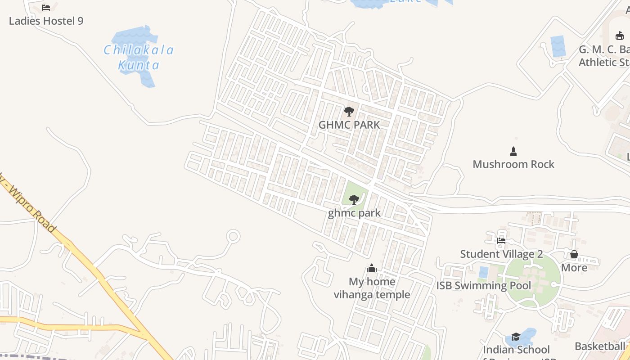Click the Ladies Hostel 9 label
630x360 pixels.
(x=46, y=21)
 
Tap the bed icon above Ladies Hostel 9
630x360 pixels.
(x=46, y=7)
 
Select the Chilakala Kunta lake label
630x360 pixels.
(x=139, y=57)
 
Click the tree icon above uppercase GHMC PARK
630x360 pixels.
(x=349, y=111)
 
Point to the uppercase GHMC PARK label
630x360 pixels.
(x=349, y=125)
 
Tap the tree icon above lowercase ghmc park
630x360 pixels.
(x=354, y=199)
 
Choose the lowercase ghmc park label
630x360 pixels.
(x=354, y=213)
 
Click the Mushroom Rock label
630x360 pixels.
(x=513, y=164)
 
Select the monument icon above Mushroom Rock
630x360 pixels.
(x=513, y=151)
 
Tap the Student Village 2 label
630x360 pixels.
(x=501, y=254)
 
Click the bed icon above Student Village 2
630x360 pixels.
(x=501, y=240)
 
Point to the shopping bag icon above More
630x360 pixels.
(x=574, y=254)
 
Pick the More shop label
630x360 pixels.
(x=574, y=268)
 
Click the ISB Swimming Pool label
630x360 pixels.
(x=483, y=285)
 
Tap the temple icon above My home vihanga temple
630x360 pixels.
(x=371, y=268)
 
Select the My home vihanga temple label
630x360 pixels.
(x=372, y=288)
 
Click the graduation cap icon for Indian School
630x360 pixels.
(x=516, y=337)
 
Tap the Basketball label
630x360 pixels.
(x=600, y=346)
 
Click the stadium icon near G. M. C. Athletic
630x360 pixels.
(x=620, y=36)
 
